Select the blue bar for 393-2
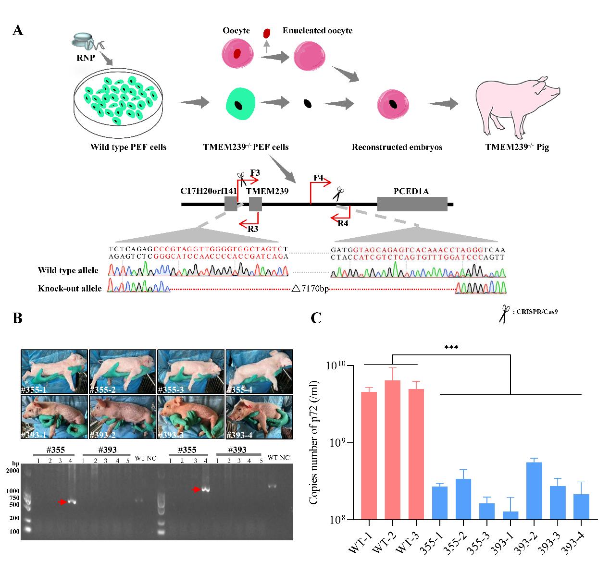(534, 490)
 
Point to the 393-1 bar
(510, 515)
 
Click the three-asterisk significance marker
(451, 347)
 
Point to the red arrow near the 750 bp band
(62, 502)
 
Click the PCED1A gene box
(411, 204)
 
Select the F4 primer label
(318, 178)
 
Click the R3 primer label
(253, 229)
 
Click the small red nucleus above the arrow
(267, 34)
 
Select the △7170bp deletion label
(310, 289)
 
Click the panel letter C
(316, 318)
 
